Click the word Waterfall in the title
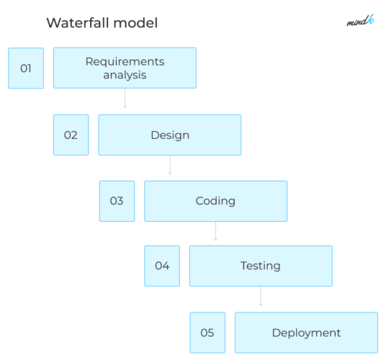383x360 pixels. tap(76, 23)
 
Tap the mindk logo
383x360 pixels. tap(359, 21)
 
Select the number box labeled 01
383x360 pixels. tap(26, 68)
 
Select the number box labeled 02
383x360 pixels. tap(71, 135)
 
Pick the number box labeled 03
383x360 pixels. tap(117, 201)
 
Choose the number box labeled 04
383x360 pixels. tap(162, 266)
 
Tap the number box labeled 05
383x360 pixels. tap(207, 333)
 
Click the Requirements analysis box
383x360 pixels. tap(125, 68)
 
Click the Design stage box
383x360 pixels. tap(170, 135)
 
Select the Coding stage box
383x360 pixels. tap(215, 201)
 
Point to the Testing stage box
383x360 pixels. tap(261, 266)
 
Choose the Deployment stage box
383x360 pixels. tap(306, 333)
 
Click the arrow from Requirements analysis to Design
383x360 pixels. tap(125, 99)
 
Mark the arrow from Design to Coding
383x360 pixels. tap(170, 165)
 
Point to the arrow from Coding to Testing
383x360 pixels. tap(215, 230)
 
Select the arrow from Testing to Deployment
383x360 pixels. tap(261, 296)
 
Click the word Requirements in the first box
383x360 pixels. tap(125, 61)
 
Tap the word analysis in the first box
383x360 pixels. tap(125, 75)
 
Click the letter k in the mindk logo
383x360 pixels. tap(370, 20)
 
